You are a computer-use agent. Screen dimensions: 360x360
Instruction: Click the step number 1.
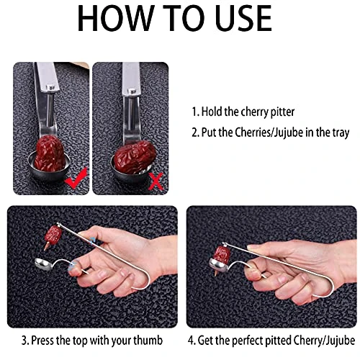(194, 112)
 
